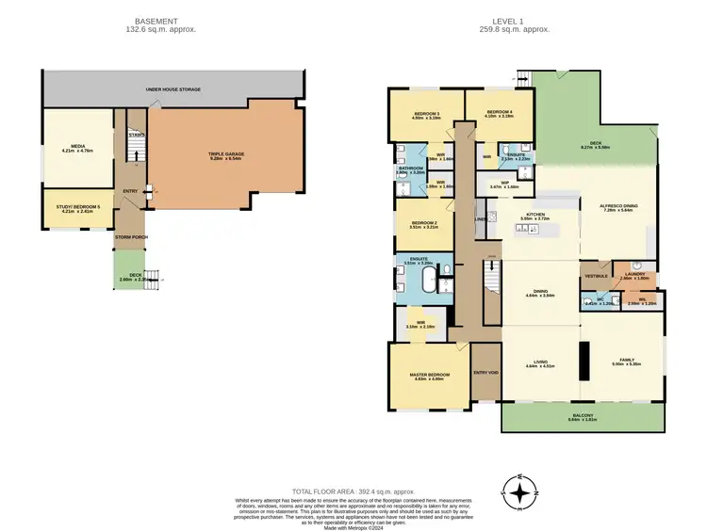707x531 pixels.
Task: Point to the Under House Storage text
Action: tap(173, 89)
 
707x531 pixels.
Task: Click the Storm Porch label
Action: tap(131, 236)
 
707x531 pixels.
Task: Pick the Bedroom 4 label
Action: tap(500, 113)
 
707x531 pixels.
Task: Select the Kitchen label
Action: tap(536, 216)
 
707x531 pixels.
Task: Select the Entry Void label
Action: tap(485, 372)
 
